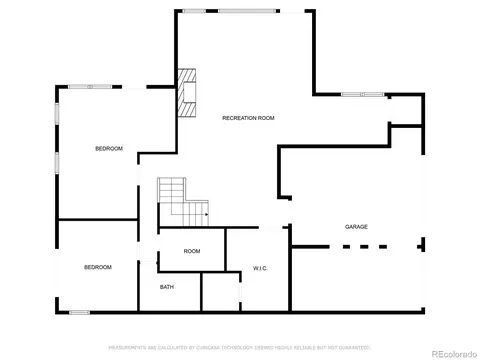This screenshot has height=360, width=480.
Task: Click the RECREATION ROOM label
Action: pos(248,118)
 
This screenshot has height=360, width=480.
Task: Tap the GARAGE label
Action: pos(357,227)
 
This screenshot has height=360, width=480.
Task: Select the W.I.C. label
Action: pos(259,268)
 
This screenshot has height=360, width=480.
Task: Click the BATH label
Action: pos(167,287)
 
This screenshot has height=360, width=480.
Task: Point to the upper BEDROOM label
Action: pos(109,149)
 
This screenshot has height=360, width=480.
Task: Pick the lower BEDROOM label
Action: pos(97,267)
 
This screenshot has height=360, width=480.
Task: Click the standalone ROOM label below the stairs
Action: pos(192,251)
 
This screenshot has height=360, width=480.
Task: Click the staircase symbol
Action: pos(181,201)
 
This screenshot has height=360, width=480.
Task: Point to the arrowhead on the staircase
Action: pos(206,213)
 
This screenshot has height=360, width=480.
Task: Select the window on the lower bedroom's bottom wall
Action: pos(79,312)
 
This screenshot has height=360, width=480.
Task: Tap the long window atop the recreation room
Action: pos(250,11)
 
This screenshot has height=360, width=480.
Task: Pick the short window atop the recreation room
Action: pos(194,11)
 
